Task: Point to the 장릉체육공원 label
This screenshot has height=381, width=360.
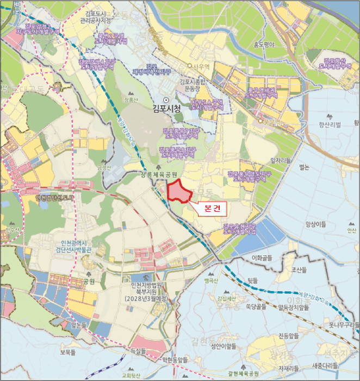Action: click(x=160, y=174)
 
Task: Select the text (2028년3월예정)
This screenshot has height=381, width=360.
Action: click(x=146, y=299)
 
